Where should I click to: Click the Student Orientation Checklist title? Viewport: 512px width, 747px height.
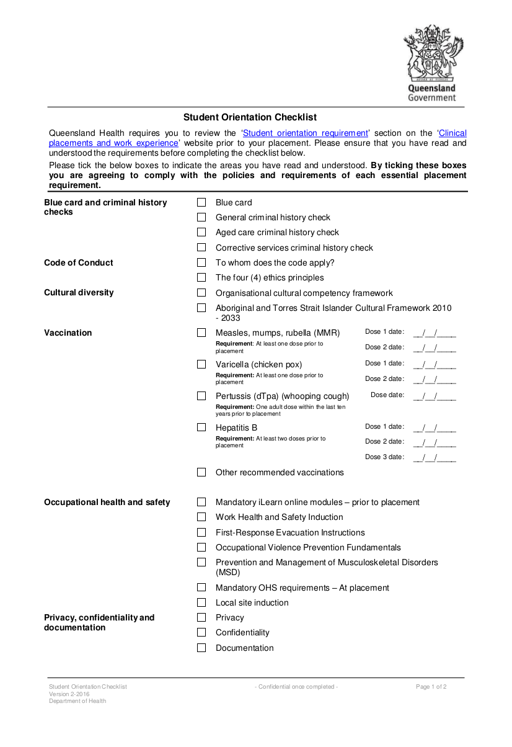pos(250,117)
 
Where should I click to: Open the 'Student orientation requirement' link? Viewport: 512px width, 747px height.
pos(305,133)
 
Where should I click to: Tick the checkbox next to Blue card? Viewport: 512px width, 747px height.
pos(201,202)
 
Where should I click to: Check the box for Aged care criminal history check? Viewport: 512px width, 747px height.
pos(201,232)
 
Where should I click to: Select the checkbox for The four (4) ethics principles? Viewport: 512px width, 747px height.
pos(201,277)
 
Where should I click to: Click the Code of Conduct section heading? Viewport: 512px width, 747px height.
pos(79,262)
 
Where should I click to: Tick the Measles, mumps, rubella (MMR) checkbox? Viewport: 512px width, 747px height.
pos(201,333)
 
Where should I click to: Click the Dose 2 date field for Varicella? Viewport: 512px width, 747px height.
pos(435,379)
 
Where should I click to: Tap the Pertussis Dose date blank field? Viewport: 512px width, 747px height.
pos(435,395)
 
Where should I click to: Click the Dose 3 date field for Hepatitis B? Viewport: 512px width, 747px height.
pos(435,457)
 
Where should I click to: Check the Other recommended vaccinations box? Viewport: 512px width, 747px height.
pos(201,472)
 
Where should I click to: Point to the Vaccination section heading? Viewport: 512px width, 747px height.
pos(68,333)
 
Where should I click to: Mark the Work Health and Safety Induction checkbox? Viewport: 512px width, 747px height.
pos(201,517)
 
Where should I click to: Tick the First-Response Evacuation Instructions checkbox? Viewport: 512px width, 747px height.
pos(201,532)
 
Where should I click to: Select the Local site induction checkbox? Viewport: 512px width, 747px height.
pos(201,602)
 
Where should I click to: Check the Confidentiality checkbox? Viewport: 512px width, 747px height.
pos(201,632)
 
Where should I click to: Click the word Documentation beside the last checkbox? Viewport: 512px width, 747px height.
pos(244,648)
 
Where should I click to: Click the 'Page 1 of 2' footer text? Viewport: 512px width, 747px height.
pos(431,687)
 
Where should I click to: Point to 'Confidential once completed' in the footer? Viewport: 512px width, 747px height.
pos(296,687)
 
